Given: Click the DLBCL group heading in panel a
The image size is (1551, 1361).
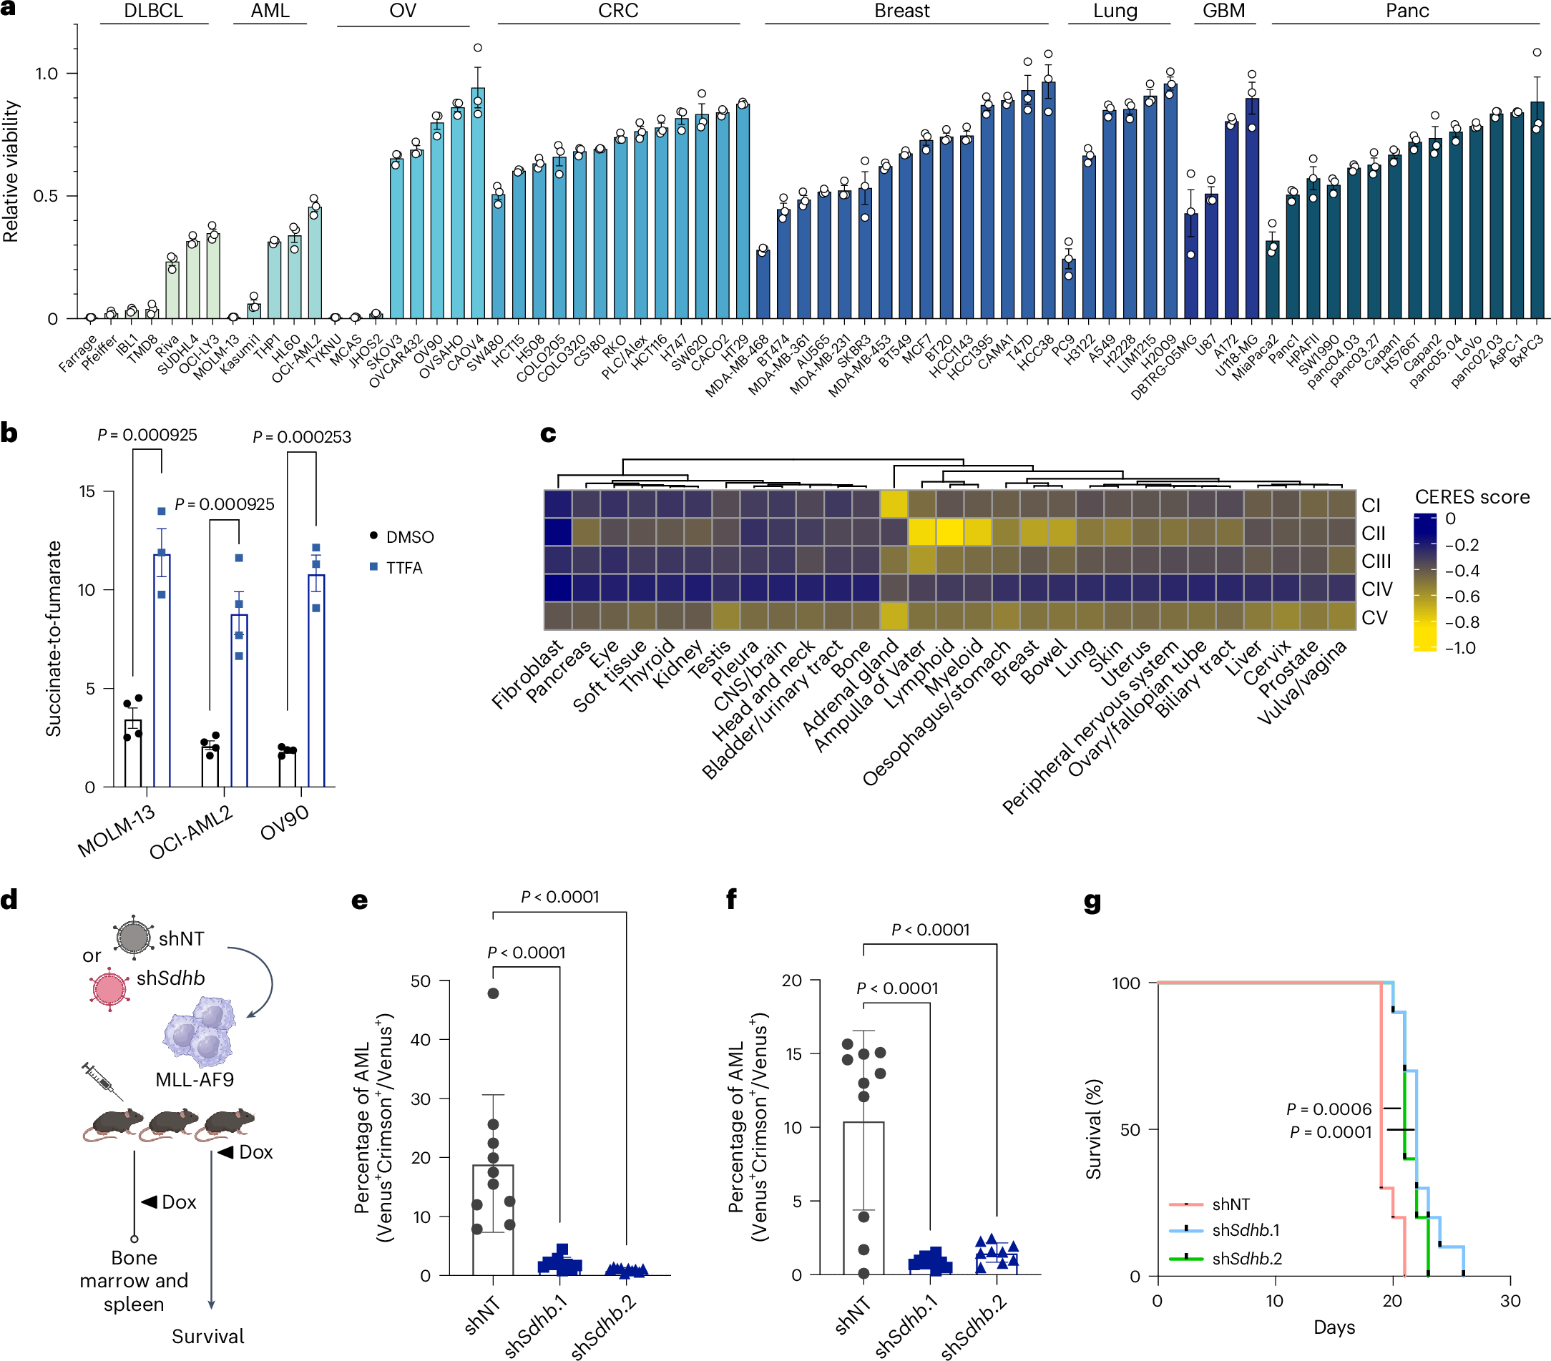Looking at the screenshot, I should point(153,11).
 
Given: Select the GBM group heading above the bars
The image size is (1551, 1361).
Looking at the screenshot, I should point(1223,11).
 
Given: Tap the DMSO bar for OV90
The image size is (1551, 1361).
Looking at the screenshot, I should point(287,767).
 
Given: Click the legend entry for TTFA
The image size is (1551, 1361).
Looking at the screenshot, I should point(403,567).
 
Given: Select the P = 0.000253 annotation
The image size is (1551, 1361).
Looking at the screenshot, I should point(301,437).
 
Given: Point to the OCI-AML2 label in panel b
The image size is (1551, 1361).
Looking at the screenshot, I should point(190,832).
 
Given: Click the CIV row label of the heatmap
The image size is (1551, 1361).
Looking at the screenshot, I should point(1376,589).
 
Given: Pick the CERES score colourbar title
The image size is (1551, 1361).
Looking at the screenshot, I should point(1472,497).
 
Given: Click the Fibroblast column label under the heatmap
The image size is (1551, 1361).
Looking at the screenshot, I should point(527,674).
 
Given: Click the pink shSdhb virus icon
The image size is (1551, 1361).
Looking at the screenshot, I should point(109,988).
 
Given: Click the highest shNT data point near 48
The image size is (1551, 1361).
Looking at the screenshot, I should point(493,993).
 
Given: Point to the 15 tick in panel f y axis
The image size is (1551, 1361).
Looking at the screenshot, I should point(793,1053).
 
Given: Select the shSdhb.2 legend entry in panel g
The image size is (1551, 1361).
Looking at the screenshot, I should point(1246,1259).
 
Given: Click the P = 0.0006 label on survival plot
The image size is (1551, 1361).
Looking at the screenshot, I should point(1329,1109).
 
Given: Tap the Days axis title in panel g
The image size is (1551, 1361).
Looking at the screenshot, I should point(1334,1327).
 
